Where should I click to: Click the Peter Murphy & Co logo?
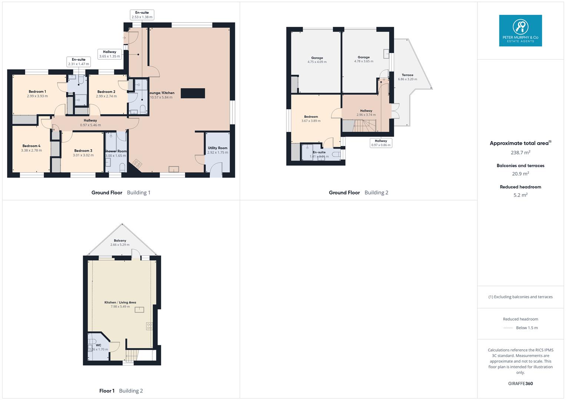(x=520, y=30)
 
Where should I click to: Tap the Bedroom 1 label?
(x=37, y=91)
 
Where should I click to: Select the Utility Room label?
(x=218, y=148)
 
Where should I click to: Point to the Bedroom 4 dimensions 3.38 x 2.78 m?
(x=32, y=150)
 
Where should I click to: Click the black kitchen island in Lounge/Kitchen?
(x=193, y=93)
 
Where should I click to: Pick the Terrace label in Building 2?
(x=407, y=75)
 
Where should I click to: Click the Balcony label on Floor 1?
(x=120, y=240)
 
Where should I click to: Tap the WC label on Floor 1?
(x=98, y=345)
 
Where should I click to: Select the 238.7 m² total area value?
(x=520, y=152)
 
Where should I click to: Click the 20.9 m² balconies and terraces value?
(x=520, y=173)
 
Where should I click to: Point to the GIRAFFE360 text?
(x=520, y=383)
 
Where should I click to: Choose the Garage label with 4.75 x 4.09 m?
(x=317, y=58)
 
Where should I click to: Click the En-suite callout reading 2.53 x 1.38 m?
(x=142, y=15)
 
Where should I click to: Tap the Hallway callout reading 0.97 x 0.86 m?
(x=381, y=143)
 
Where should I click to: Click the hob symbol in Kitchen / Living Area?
(x=149, y=326)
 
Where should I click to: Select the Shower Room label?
(x=116, y=151)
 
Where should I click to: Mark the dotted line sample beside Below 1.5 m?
(x=508, y=328)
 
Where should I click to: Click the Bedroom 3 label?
(x=83, y=151)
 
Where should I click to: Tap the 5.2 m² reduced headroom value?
(x=520, y=195)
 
